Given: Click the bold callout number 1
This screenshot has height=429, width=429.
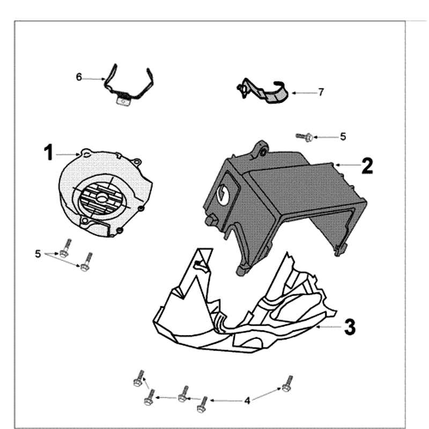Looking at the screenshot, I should (x=49, y=153).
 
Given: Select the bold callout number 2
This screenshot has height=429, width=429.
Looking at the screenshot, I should (x=367, y=165).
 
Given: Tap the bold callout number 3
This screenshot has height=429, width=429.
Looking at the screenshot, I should (x=349, y=326).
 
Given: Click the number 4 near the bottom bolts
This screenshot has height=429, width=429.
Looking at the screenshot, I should (x=247, y=400).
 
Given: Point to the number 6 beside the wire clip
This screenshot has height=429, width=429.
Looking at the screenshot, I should (x=79, y=77).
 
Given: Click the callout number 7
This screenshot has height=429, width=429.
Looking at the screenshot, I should (x=321, y=92).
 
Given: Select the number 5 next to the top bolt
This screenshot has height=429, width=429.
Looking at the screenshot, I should (x=343, y=137).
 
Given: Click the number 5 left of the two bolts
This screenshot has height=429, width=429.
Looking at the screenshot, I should (x=38, y=254).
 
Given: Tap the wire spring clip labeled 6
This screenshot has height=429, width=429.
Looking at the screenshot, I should (x=129, y=86).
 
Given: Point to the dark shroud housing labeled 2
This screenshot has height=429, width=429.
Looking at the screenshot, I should (x=290, y=198).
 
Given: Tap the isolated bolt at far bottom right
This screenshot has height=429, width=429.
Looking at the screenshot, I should (x=288, y=383).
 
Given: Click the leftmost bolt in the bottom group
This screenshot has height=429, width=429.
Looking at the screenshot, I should (x=138, y=380).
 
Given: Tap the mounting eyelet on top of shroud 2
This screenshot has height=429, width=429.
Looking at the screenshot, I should (x=262, y=150).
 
